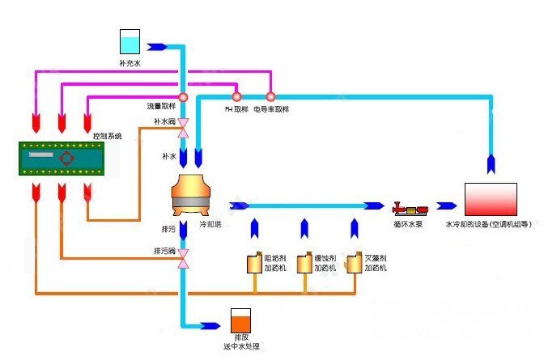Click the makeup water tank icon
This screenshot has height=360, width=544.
pos(130,43)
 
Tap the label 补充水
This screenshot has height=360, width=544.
pos(130,61)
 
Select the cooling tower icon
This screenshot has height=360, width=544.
pos(193,197)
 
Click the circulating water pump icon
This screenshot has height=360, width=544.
pos(405,207)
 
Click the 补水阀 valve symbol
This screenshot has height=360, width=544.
pos(183,127)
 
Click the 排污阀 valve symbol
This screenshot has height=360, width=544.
pos(183,256)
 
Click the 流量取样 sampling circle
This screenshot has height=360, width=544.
pos(183,97)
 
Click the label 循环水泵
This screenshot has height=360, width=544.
pos(406,223)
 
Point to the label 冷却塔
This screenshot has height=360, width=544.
pos(210,223)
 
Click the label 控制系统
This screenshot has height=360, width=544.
pos(107,136)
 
